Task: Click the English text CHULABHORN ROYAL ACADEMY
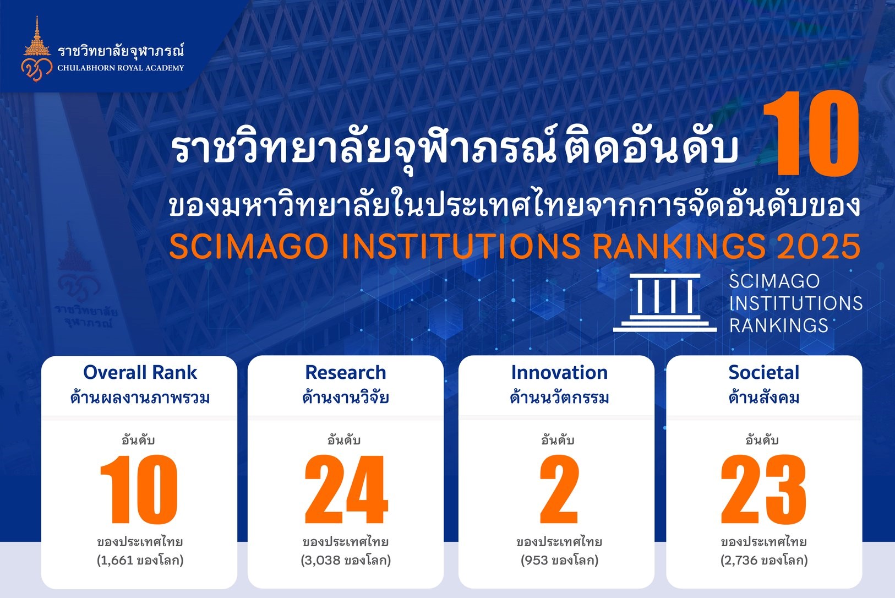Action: point(121,68)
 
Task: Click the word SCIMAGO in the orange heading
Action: point(249,246)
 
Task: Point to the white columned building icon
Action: point(665,303)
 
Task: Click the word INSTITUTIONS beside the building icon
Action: point(796,303)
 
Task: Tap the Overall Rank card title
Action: point(140,373)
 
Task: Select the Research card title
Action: point(346,373)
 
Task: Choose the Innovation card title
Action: point(559,373)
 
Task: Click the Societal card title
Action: point(764,373)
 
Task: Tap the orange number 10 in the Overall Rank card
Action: point(139,490)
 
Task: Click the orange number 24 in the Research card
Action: point(346,490)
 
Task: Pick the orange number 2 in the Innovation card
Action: point(559,490)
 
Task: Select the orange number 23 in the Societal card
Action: point(763,490)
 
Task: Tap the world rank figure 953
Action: point(537,561)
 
